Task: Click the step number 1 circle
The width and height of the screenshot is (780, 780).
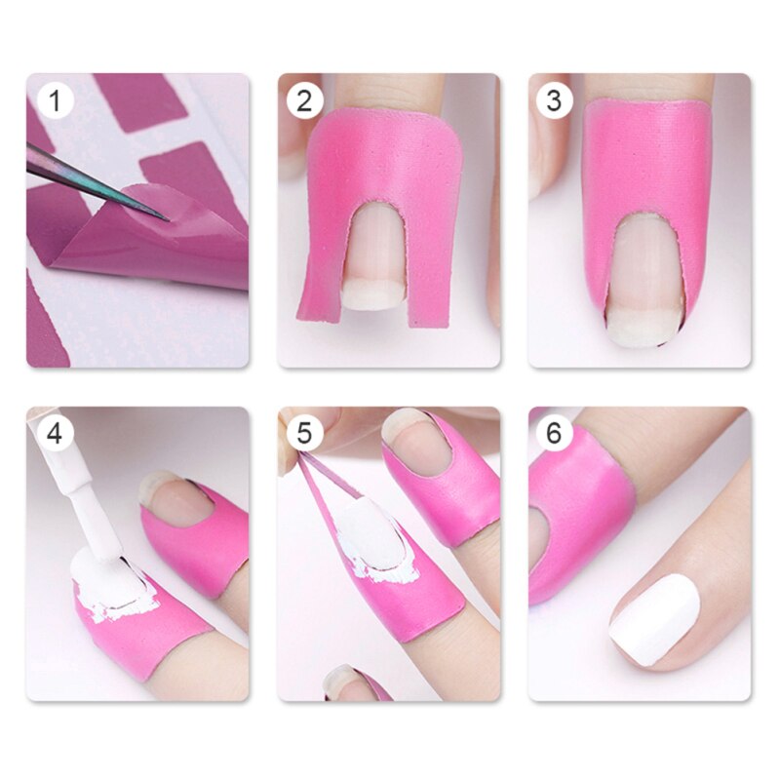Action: (x=56, y=100)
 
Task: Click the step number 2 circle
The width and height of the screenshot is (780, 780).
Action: (x=305, y=100)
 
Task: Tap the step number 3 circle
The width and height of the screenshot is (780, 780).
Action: (x=555, y=100)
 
